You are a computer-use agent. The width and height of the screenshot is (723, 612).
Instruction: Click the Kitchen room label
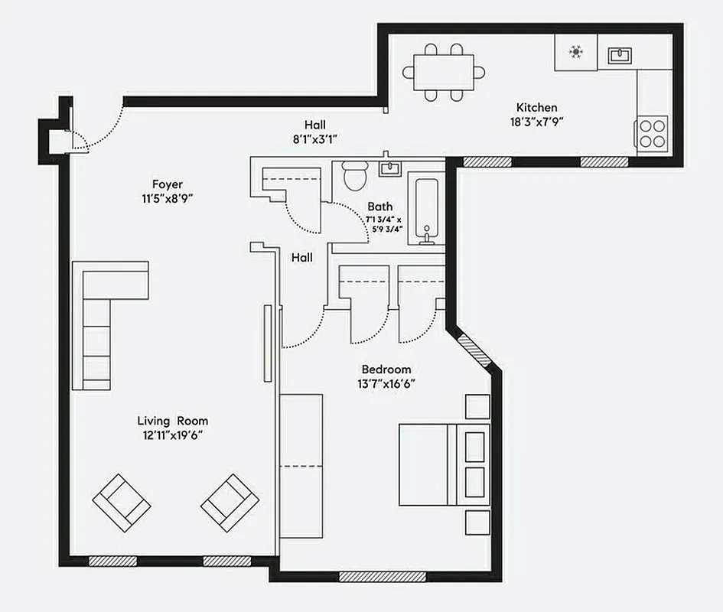click(x=536, y=108)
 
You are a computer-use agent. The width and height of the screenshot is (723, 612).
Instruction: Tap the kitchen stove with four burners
click(x=652, y=132)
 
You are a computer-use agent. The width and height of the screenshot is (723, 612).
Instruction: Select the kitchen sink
click(x=620, y=55)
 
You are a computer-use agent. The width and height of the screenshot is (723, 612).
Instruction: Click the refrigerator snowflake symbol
click(x=575, y=53)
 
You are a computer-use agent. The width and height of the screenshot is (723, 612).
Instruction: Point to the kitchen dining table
click(x=444, y=73)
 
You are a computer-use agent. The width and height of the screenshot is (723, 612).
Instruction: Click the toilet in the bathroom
click(x=354, y=175)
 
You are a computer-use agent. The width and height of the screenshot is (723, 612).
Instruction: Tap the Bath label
click(x=379, y=207)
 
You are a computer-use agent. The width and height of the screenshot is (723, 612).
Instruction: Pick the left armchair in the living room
click(x=121, y=503)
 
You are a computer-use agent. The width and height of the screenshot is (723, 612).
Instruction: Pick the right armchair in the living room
click(x=230, y=503)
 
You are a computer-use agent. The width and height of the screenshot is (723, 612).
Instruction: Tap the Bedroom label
click(x=386, y=369)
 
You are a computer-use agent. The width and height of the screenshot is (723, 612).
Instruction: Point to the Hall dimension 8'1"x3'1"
click(x=314, y=139)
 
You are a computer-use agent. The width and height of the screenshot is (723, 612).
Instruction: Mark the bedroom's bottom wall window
click(x=382, y=576)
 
